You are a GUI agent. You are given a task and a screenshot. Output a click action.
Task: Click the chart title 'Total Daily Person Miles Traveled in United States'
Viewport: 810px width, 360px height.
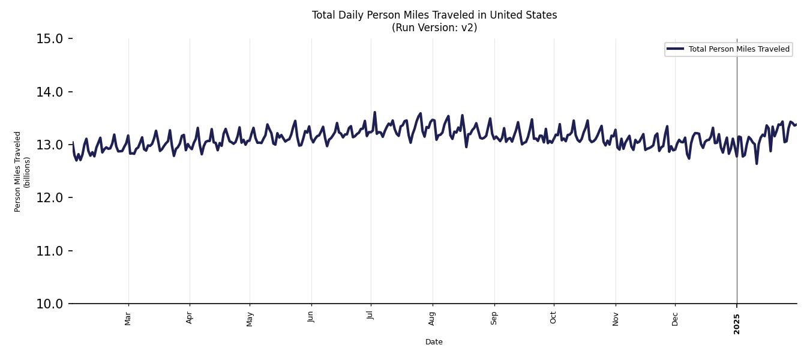[434, 15]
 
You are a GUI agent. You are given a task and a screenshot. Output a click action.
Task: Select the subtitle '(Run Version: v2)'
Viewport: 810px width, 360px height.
[434, 28]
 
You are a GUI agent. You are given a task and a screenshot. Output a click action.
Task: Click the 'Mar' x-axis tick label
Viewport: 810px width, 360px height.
[128, 318]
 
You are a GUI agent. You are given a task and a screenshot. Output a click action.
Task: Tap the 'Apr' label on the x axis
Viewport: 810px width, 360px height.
[190, 317]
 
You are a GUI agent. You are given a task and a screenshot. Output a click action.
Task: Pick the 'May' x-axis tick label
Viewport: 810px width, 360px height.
[250, 318]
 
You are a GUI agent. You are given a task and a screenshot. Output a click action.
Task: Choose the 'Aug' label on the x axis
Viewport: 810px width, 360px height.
[433, 318]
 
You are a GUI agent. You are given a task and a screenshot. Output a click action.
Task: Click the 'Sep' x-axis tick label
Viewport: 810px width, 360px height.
[494, 318]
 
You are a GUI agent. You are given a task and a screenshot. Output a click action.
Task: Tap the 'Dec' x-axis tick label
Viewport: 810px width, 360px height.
[675, 318]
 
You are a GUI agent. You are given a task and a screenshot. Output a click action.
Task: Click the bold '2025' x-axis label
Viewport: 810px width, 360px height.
[737, 324]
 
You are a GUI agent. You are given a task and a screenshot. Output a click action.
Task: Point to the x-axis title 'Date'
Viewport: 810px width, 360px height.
[434, 342]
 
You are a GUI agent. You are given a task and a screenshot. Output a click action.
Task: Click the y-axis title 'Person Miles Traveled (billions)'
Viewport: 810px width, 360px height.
[22, 172]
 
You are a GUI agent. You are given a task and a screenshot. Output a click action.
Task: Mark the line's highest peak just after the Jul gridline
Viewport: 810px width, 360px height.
[375, 112]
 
